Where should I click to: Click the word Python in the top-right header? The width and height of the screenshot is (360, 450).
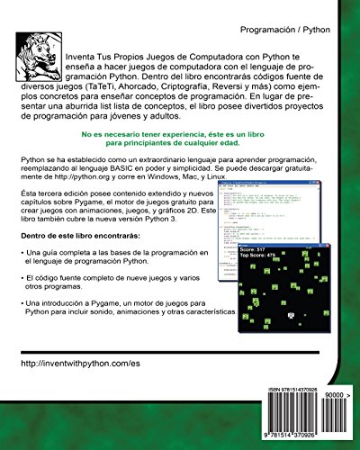click(x=324, y=30)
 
